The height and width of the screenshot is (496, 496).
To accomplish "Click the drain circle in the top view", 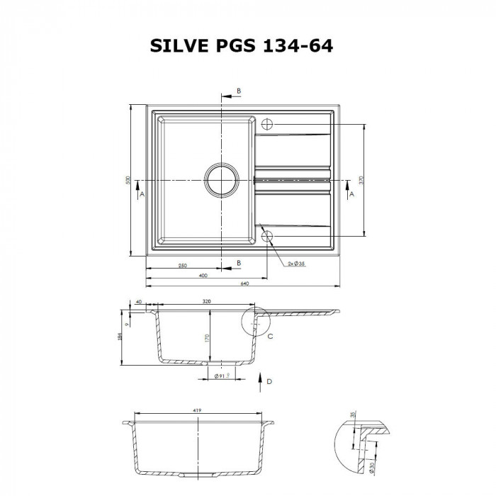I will point(222,180).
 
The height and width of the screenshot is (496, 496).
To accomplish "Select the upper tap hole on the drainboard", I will point(267,123).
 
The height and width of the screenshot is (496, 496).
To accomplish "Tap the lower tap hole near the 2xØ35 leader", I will point(267,237).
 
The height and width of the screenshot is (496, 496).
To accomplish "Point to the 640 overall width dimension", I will point(244,283).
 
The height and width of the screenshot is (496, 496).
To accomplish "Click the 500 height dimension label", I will point(128,181).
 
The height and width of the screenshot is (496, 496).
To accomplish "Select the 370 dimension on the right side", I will point(361,181).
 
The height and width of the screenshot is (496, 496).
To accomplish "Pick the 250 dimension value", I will point(182,265).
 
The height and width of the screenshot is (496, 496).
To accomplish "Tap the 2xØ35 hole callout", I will point(296,264).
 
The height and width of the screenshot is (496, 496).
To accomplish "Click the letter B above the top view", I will point(239,91).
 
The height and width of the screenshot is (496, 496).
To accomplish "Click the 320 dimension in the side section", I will point(206,301).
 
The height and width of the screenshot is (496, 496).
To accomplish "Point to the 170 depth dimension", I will point(206,339).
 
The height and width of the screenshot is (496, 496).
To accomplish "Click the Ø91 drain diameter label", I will point(221,377).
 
